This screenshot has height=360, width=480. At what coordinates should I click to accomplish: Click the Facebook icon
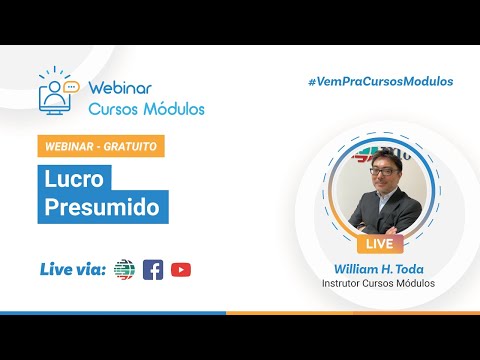[x=153, y=270]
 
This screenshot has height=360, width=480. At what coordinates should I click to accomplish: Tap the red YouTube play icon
[x=181, y=270]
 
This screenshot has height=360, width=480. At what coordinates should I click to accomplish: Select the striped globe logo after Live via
[x=124, y=269]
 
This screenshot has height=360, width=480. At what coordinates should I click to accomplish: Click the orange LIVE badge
[x=380, y=244]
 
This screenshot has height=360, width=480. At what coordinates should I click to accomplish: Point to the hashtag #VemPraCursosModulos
[x=381, y=81]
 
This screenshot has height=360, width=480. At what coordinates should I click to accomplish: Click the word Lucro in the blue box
[x=74, y=179]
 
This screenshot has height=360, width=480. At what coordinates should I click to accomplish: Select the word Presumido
[x=102, y=207]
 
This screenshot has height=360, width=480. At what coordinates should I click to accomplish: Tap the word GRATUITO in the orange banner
[x=130, y=146]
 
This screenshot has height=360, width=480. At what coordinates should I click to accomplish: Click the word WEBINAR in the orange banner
[x=69, y=146]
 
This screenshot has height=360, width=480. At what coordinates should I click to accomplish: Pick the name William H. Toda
[x=379, y=269]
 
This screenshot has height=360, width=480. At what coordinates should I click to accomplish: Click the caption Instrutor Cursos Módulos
[x=378, y=283]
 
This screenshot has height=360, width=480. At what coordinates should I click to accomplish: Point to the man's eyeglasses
[x=384, y=172]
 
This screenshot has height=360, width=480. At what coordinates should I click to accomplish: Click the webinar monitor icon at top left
[x=54, y=97]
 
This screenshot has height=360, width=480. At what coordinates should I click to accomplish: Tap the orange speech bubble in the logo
[x=72, y=87]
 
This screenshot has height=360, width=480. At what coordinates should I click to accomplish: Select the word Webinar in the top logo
[x=120, y=88]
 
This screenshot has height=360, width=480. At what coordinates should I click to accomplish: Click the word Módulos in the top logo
[x=174, y=109]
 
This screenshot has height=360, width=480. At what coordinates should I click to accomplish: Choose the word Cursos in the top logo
[x=114, y=109]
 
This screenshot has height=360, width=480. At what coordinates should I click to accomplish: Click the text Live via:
[x=73, y=269]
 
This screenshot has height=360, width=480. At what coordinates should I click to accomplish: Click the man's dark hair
[x=387, y=157]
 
